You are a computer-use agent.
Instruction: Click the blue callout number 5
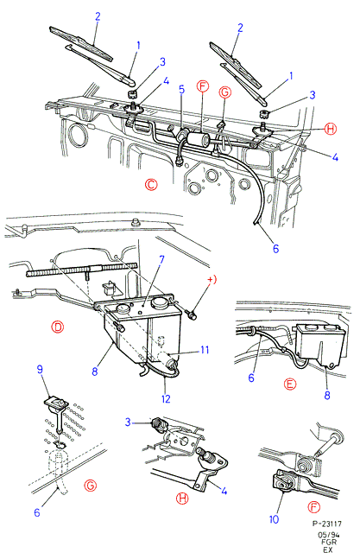point(181,89)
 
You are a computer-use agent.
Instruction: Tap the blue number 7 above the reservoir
point(161,259)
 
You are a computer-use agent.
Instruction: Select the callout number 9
point(40,369)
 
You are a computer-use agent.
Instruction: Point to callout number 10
point(274,519)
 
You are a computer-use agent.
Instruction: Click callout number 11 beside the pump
point(205,350)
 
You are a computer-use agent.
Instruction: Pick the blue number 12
point(166,398)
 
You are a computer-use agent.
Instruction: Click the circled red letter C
point(151,185)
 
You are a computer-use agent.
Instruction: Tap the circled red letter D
point(57,327)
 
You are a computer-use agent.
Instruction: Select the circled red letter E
point(291,384)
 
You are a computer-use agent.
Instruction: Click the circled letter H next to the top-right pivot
point(331,129)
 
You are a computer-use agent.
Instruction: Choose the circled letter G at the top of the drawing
point(225,92)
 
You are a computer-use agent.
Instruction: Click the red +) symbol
point(212,280)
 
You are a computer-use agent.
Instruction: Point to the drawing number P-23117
point(327,524)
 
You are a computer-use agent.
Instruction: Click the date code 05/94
point(328,535)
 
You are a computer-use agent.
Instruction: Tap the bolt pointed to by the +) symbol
point(193,314)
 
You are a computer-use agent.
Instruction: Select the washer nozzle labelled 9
point(57,403)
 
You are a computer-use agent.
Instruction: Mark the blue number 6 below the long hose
point(275,249)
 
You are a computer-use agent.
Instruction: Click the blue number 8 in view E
point(327,395)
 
